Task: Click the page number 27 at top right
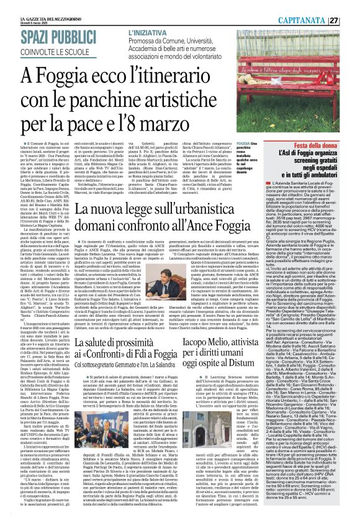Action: [x=350, y=6]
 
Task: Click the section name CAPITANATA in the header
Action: [x=317, y=6]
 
